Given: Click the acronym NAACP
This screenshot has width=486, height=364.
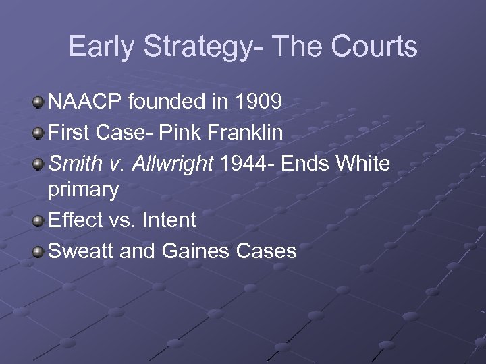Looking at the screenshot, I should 83,102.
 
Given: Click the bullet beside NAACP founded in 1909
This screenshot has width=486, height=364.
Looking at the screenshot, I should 38,103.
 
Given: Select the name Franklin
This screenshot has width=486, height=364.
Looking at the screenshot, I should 245,133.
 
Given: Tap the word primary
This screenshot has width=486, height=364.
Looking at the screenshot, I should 83,191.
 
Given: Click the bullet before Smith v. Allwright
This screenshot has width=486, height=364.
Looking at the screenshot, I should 38,163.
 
